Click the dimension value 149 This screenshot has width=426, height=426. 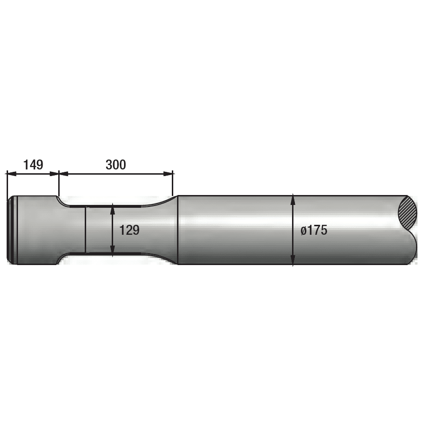point(33,165)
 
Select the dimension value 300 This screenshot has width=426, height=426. point(115,165)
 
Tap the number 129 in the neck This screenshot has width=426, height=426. point(129,231)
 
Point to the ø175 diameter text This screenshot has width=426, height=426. point(314,231)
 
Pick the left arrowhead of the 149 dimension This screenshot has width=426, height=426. point(10,174)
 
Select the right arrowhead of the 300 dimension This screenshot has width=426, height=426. point(169,174)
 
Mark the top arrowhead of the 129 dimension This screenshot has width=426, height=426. point(112,208)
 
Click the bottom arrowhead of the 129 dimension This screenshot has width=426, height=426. point(112,252)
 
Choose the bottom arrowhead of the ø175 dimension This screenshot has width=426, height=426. point(293,261)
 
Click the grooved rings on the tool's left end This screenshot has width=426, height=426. point(12,230)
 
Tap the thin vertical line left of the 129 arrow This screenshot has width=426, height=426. point(85,230)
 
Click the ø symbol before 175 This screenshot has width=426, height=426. point(303,231)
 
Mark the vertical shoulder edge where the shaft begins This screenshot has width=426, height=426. point(177,230)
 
